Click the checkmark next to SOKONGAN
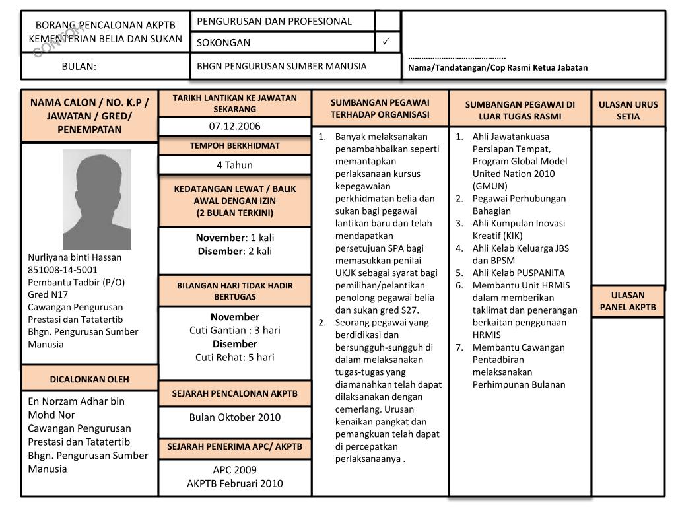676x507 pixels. coord(387,42)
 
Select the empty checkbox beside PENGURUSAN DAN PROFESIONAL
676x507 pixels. coord(388,21)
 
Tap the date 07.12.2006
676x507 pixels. coord(234,126)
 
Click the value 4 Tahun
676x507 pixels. coord(234,165)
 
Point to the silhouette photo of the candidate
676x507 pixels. coord(97,199)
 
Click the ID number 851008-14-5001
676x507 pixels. coord(63,269)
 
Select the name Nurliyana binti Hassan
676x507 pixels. coord(75,257)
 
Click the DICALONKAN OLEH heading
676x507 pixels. coord(90,379)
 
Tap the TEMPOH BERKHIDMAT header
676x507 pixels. coord(234,145)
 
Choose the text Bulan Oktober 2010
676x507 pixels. coord(234,417)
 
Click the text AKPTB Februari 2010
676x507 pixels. coord(234,483)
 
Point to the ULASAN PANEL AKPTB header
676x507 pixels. coord(628,301)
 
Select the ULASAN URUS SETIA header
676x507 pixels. coord(628,110)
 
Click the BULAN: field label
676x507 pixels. coord(79,66)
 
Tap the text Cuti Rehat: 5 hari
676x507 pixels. coord(234,357)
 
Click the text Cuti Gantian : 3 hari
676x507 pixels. coord(234,330)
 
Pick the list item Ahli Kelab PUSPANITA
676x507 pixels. coord(518,273)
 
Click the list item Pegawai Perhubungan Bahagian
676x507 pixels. coord(518,205)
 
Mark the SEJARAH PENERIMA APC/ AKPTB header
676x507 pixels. coord(234,447)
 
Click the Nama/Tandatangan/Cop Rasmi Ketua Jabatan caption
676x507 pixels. coord(497,67)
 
